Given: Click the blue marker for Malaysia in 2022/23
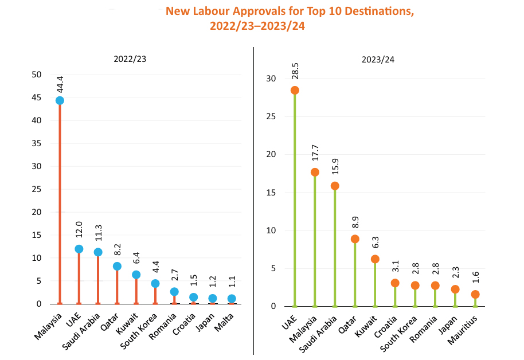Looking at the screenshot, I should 60,100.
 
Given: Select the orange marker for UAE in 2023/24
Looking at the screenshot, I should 295,90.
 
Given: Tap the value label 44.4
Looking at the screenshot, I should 60,84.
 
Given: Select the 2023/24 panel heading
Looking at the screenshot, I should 378,59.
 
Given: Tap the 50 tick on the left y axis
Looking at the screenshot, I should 37,75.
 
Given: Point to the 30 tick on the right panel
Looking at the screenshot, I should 272,79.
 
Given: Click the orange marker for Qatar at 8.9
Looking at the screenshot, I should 355,239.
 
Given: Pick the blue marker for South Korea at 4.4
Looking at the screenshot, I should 155,283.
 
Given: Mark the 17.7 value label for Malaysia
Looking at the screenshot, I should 315,155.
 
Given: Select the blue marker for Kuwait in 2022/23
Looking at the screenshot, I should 136,275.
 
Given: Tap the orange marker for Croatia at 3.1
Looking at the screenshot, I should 395,283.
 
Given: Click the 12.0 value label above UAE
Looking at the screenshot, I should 79,231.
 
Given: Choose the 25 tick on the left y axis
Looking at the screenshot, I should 37,189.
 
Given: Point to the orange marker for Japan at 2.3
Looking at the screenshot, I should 455,289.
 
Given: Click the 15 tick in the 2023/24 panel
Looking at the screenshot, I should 272,193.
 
